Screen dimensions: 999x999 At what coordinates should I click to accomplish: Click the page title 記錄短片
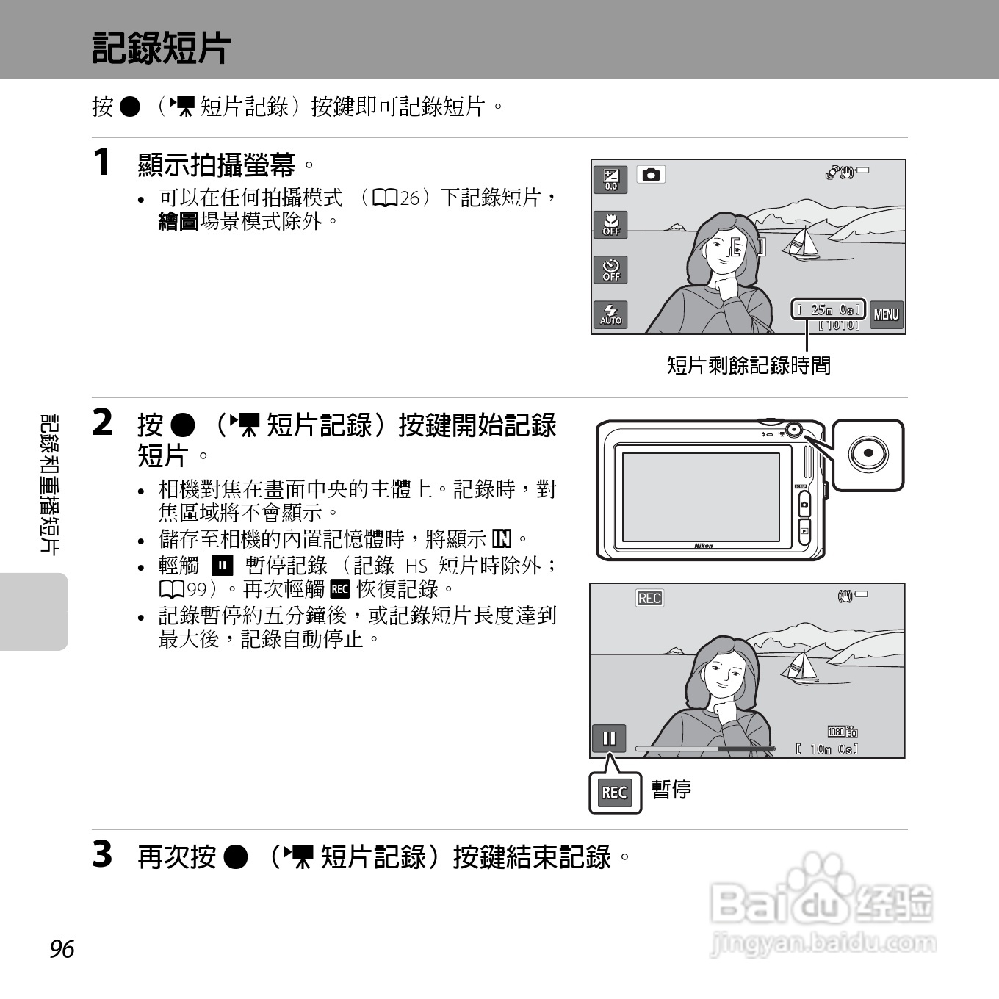pyautogui.click(x=161, y=48)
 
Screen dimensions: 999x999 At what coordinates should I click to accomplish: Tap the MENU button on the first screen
pyautogui.click(x=886, y=314)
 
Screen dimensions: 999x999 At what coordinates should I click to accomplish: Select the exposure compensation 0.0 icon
pyautogui.click(x=610, y=179)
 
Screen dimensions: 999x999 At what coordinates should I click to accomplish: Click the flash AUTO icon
pyautogui.click(x=610, y=314)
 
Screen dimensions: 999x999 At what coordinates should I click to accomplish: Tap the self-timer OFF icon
pyautogui.click(x=610, y=270)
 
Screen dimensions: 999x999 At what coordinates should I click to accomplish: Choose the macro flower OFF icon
pyautogui.click(x=610, y=225)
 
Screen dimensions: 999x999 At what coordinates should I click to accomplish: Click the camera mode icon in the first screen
pyautogui.click(x=651, y=175)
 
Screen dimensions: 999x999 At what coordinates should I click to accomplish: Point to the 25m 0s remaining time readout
pyautogui.click(x=829, y=309)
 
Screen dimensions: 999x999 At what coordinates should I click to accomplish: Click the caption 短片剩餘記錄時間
pyautogui.click(x=749, y=366)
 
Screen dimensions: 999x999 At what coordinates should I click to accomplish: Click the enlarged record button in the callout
pyautogui.click(x=868, y=454)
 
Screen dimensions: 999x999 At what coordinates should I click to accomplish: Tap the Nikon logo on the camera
pyautogui.click(x=704, y=545)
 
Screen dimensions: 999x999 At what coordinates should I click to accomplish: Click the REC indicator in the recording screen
pyautogui.click(x=649, y=598)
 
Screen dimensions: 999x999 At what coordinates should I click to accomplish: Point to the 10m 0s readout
pyautogui.click(x=827, y=749)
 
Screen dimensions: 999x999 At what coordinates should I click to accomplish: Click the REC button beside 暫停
pyautogui.click(x=615, y=793)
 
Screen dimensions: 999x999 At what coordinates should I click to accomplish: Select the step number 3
pyautogui.click(x=103, y=854)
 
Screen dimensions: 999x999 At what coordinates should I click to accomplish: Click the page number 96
pyautogui.click(x=62, y=949)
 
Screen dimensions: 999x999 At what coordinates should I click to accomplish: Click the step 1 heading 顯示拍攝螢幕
pyautogui.click(x=217, y=165)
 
